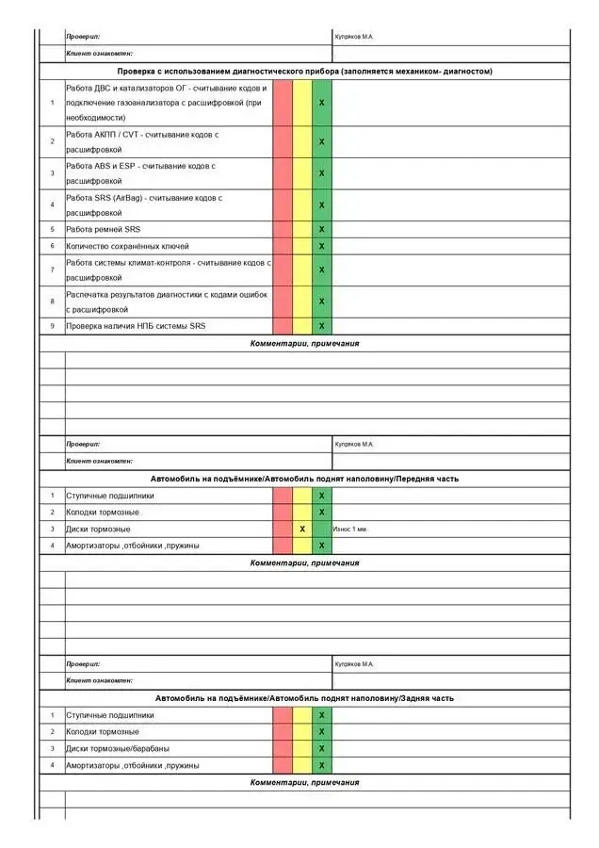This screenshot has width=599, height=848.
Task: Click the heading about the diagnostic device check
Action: [x=304, y=71]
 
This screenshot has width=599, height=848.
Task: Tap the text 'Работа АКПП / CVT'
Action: [x=142, y=141]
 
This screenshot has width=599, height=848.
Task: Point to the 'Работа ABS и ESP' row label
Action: [x=141, y=173]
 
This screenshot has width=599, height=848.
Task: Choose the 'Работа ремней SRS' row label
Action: [x=103, y=229]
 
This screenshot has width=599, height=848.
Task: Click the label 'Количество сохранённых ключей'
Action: [x=127, y=246]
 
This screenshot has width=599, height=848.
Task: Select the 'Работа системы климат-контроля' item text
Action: [x=168, y=269]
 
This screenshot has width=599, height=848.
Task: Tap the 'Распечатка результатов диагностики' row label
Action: [x=167, y=302]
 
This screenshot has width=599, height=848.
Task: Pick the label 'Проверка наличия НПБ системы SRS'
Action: [x=136, y=326]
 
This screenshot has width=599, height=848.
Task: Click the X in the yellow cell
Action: [x=302, y=529]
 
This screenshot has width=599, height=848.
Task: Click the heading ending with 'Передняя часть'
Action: [x=304, y=479]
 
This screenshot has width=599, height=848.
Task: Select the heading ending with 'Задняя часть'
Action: [x=304, y=698]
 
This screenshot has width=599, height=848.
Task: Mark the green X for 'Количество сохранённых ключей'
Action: [x=322, y=246]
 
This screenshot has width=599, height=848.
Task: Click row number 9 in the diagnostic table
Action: [x=52, y=326]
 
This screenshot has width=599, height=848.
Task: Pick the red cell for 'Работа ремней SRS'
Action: [x=283, y=229]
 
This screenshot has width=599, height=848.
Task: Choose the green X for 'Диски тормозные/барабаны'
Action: [x=322, y=748]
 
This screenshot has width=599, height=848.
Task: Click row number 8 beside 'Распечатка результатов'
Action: [x=52, y=302]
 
